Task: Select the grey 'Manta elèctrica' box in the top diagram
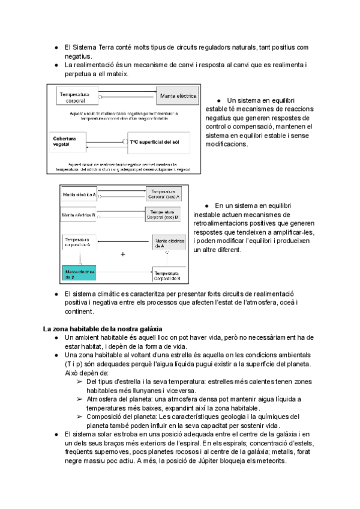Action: coord(179,96)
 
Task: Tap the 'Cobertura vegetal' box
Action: coord(69,142)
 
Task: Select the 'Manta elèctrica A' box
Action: coord(79,194)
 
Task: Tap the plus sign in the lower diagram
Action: coord(123,254)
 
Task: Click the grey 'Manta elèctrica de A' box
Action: coord(167,242)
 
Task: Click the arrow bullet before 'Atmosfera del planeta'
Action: coord(80,399)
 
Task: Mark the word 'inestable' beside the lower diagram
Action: coord(209,214)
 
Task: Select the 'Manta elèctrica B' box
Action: coord(79,214)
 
